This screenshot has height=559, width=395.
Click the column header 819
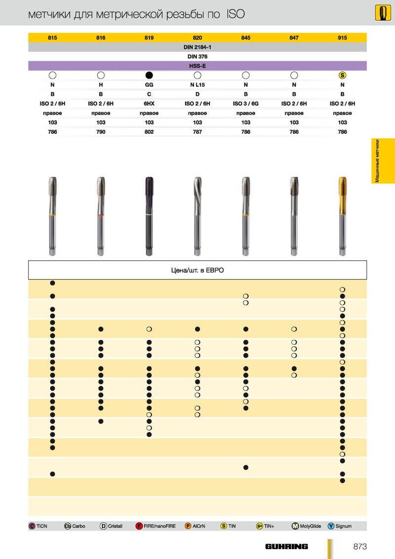(149, 38)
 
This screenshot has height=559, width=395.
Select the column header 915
(342, 38)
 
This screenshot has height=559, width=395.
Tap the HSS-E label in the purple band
(197, 66)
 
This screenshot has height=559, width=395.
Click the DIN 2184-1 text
(197, 47)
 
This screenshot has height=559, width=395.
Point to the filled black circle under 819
(149, 75)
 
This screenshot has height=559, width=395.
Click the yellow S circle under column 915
(342, 75)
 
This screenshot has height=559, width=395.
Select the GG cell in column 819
(149, 85)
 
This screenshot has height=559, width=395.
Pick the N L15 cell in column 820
(197, 85)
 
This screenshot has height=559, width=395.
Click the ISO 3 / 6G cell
(245, 103)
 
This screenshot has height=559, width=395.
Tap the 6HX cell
(149, 103)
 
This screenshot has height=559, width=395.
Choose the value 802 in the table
(149, 132)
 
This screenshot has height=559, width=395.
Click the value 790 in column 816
(101, 132)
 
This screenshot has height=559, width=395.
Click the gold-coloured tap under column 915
(342, 216)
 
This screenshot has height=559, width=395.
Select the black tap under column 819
(149, 216)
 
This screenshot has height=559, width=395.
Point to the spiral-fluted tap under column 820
(197, 216)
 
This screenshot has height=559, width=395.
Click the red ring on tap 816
(101, 215)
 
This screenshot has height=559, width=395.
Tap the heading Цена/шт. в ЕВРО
(197, 270)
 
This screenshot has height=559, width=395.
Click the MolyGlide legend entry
(307, 526)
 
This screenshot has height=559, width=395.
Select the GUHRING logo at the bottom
(287, 546)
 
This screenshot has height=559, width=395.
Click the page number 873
(360, 546)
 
